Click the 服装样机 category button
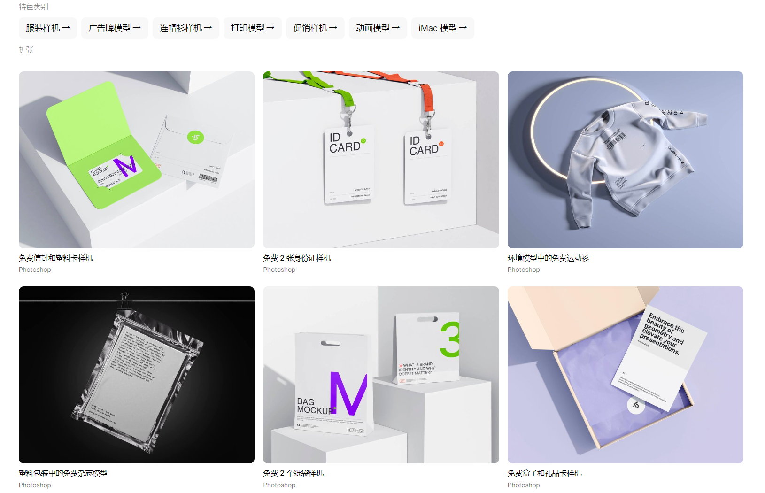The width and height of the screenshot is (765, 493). [47, 28]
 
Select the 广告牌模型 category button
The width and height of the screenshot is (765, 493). [115, 28]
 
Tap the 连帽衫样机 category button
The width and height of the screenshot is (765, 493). [185, 28]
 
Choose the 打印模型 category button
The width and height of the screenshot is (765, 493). [252, 28]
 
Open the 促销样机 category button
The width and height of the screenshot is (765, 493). [315, 28]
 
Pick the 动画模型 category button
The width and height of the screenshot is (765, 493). [378, 28]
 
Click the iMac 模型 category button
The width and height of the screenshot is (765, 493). [442, 28]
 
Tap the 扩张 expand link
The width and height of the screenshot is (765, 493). [26, 50]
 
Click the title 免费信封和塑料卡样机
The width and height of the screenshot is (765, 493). [56, 258]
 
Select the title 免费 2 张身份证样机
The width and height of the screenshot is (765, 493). [297, 258]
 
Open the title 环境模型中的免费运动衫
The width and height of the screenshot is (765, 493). [548, 258]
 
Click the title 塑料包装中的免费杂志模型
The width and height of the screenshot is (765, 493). [63, 473]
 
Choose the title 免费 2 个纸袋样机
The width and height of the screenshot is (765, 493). [293, 473]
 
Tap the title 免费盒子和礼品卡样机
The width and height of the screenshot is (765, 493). [544, 473]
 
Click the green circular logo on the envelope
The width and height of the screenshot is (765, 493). [195, 137]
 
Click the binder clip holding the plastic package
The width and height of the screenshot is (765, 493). [124, 301]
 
